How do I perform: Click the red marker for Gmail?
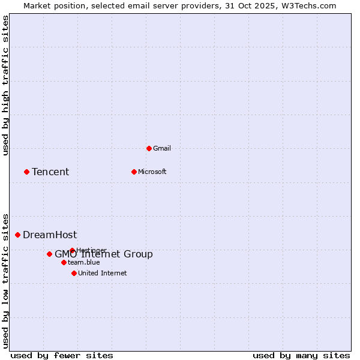(149, 148)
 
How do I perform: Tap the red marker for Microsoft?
(134, 172)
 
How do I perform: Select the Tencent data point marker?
(26, 172)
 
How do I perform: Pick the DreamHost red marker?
(17, 235)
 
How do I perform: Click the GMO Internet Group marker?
(49, 254)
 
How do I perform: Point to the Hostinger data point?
(72, 250)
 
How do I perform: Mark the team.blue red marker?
(64, 262)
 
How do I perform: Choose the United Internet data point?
(74, 273)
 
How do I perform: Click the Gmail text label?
(162, 148)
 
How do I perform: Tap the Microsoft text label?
(152, 172)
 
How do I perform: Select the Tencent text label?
(50, 172)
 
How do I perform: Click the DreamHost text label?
(50, 235)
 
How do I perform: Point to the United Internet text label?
(102, 273)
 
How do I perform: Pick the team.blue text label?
(83, 262)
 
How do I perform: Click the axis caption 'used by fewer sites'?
(62, 355)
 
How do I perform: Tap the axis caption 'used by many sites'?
(301, 355)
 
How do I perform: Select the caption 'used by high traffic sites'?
(5, 85)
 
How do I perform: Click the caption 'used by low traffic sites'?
(5, 280)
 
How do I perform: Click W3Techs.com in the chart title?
(310, 5)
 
